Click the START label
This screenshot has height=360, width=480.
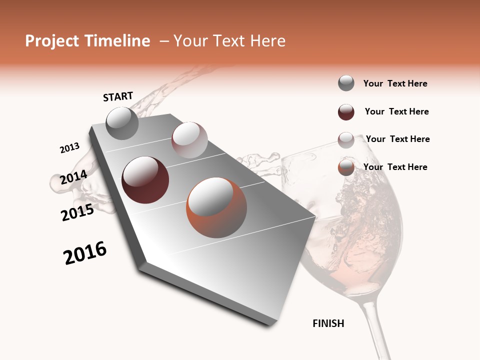(118, 96)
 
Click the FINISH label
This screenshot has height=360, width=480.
(328, 323)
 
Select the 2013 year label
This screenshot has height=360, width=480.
(70, 148)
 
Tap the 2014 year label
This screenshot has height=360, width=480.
(73, 177)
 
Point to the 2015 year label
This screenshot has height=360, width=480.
(77, 212)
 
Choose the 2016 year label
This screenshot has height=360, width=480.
(85, 253)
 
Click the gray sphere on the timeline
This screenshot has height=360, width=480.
(122, 123)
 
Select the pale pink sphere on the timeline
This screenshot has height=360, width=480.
(189, 140)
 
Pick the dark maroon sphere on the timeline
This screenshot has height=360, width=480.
(145, 180)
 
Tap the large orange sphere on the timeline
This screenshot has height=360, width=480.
(216, 207)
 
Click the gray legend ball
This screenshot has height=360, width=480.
(346, 83)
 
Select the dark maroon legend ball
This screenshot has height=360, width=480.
(346, 112)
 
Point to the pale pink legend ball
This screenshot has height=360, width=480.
(346, 140)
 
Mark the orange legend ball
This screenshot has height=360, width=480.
(346, 168)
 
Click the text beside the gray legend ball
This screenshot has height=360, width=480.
(395, 83)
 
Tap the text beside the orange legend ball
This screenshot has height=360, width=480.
(395, 167)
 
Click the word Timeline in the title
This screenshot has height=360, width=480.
(117, 41)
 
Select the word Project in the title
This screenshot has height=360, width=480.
(52, 41)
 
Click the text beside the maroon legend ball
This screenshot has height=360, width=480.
(396, 111)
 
